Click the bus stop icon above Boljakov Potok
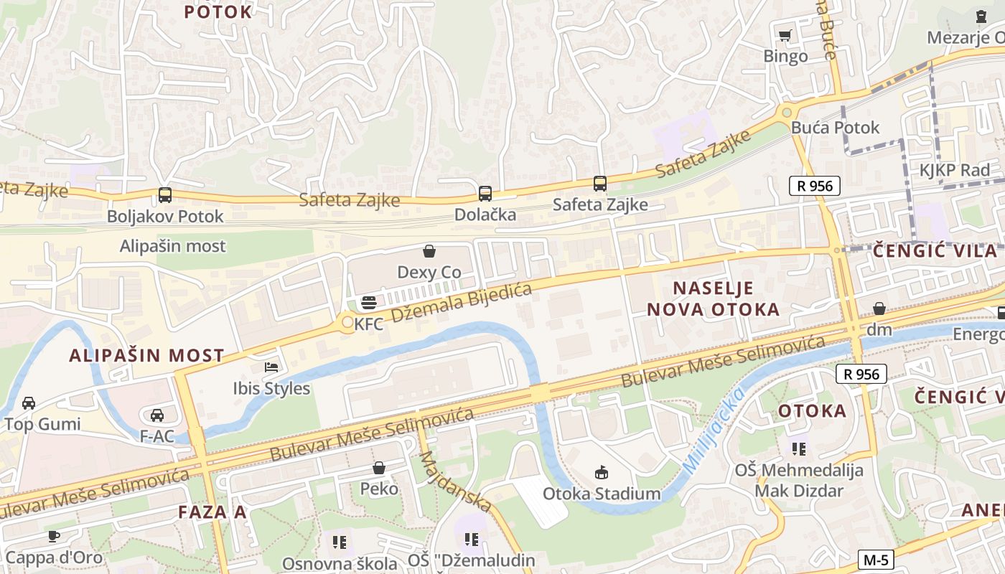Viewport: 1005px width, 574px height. pyautogui.click(x=165, y=194)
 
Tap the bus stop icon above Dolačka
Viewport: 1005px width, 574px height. pyautogui.click(x=485, y=193)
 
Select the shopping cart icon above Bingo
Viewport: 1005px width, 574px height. pyautogui.click(x=785, y=35)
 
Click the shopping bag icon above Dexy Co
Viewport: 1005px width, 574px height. pyautogui.click(x=429, y=251)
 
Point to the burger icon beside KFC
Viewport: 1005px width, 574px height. pyautogui.click(x=368, y=303)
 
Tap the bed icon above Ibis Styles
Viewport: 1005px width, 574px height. pyautogui.click(x=271, y=367)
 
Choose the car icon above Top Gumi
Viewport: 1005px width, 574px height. pyautogui.click(x=29, y=403)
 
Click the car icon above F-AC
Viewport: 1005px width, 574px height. pyautogui.click(x=157, y=415)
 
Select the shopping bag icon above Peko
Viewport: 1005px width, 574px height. pyautogui.click(x=379, y=468)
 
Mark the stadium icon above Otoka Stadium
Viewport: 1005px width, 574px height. pyautogui.click(x=602, y=472)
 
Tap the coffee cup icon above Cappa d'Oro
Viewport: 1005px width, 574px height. pyautogui.click(x=54, y=536)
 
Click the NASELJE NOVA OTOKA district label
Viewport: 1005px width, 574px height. pyautogui.click(x=713, y=298)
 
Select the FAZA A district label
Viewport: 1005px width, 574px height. pyautogui.click(x=212, y=512)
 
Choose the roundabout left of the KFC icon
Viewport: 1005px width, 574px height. pyautogui.click(x=347, y=323)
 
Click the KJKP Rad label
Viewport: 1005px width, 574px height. pyautogui.click(x=954, y=170)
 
